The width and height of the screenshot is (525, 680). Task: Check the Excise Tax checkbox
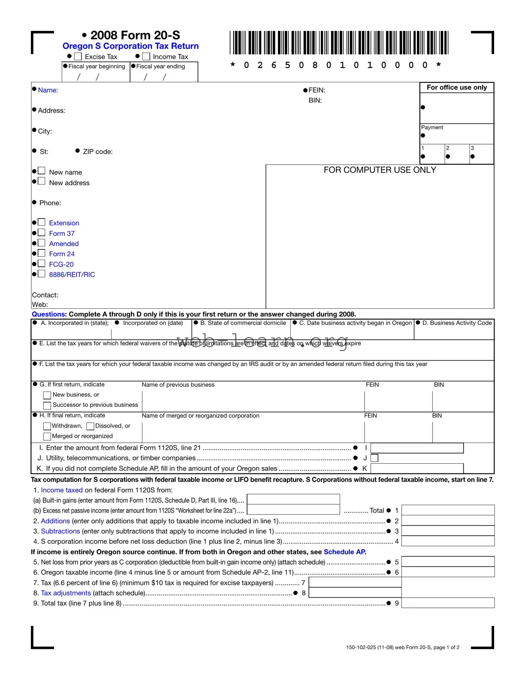pyautogui.click(x=78, y=56)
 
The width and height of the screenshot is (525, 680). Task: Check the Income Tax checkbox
pyautogui.click(x=146, y=56)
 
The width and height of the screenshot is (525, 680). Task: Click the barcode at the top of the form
pyautogui.click(x=339, y=42)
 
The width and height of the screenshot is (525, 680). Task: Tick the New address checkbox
pyautogui.click(x=42, y=181)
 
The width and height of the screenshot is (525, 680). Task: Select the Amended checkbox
pyautogui.click(x=42, y=243)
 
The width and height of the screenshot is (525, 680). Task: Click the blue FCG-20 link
pyautogui.click(x=61, y=264)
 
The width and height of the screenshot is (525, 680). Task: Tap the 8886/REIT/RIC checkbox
pyautogui.click(x=42, y=274)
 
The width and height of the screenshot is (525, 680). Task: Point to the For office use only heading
pyautogui.click(x=456, y=87)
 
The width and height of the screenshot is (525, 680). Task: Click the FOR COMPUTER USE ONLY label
pyautogui.click(x=380, y=170)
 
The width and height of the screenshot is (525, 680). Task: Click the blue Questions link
pyautogui.click(x=49, y=314)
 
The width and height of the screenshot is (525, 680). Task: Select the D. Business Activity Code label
pyautogui.click(x=457, y=323)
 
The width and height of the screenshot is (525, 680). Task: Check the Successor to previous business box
pyautogui.click(x=47, y=406)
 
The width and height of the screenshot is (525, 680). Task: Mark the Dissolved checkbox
pyautogui.click(x=90, y=426)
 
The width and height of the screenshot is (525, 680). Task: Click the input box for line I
pyautogui.click(x=417, y=448)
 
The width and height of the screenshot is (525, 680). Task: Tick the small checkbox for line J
pyautogui.click(x=375, y=458)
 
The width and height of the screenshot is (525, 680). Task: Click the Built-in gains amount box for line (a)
pyautogui.click(x=293, y=499)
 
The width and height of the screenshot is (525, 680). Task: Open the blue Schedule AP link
pyautogui.click(x=344, y=552)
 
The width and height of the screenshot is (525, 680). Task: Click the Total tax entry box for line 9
pyautogui.click(x=447, y=603)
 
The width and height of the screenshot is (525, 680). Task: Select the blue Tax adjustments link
pyautogui.click(x=66, y=593)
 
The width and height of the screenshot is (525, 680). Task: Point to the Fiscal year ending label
pyautogui.click(x=161, y=67)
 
